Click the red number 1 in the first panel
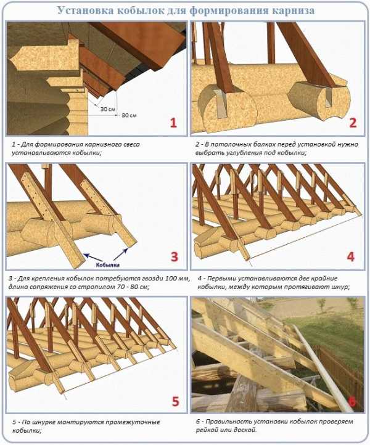coord(173,123)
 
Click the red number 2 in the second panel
coord(353,123)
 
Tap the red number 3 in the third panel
coord(175,256)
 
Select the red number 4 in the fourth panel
coord(351,256)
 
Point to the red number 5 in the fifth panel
coord(176,401)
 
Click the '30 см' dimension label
coord(107,108)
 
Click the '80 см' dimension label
coord(129,115)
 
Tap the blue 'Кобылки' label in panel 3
coord(108,265)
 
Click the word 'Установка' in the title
coord(85,10)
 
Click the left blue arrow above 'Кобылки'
coord(93,257)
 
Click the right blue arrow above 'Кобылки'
coord(121,254)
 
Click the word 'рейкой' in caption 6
coord(206,430)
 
